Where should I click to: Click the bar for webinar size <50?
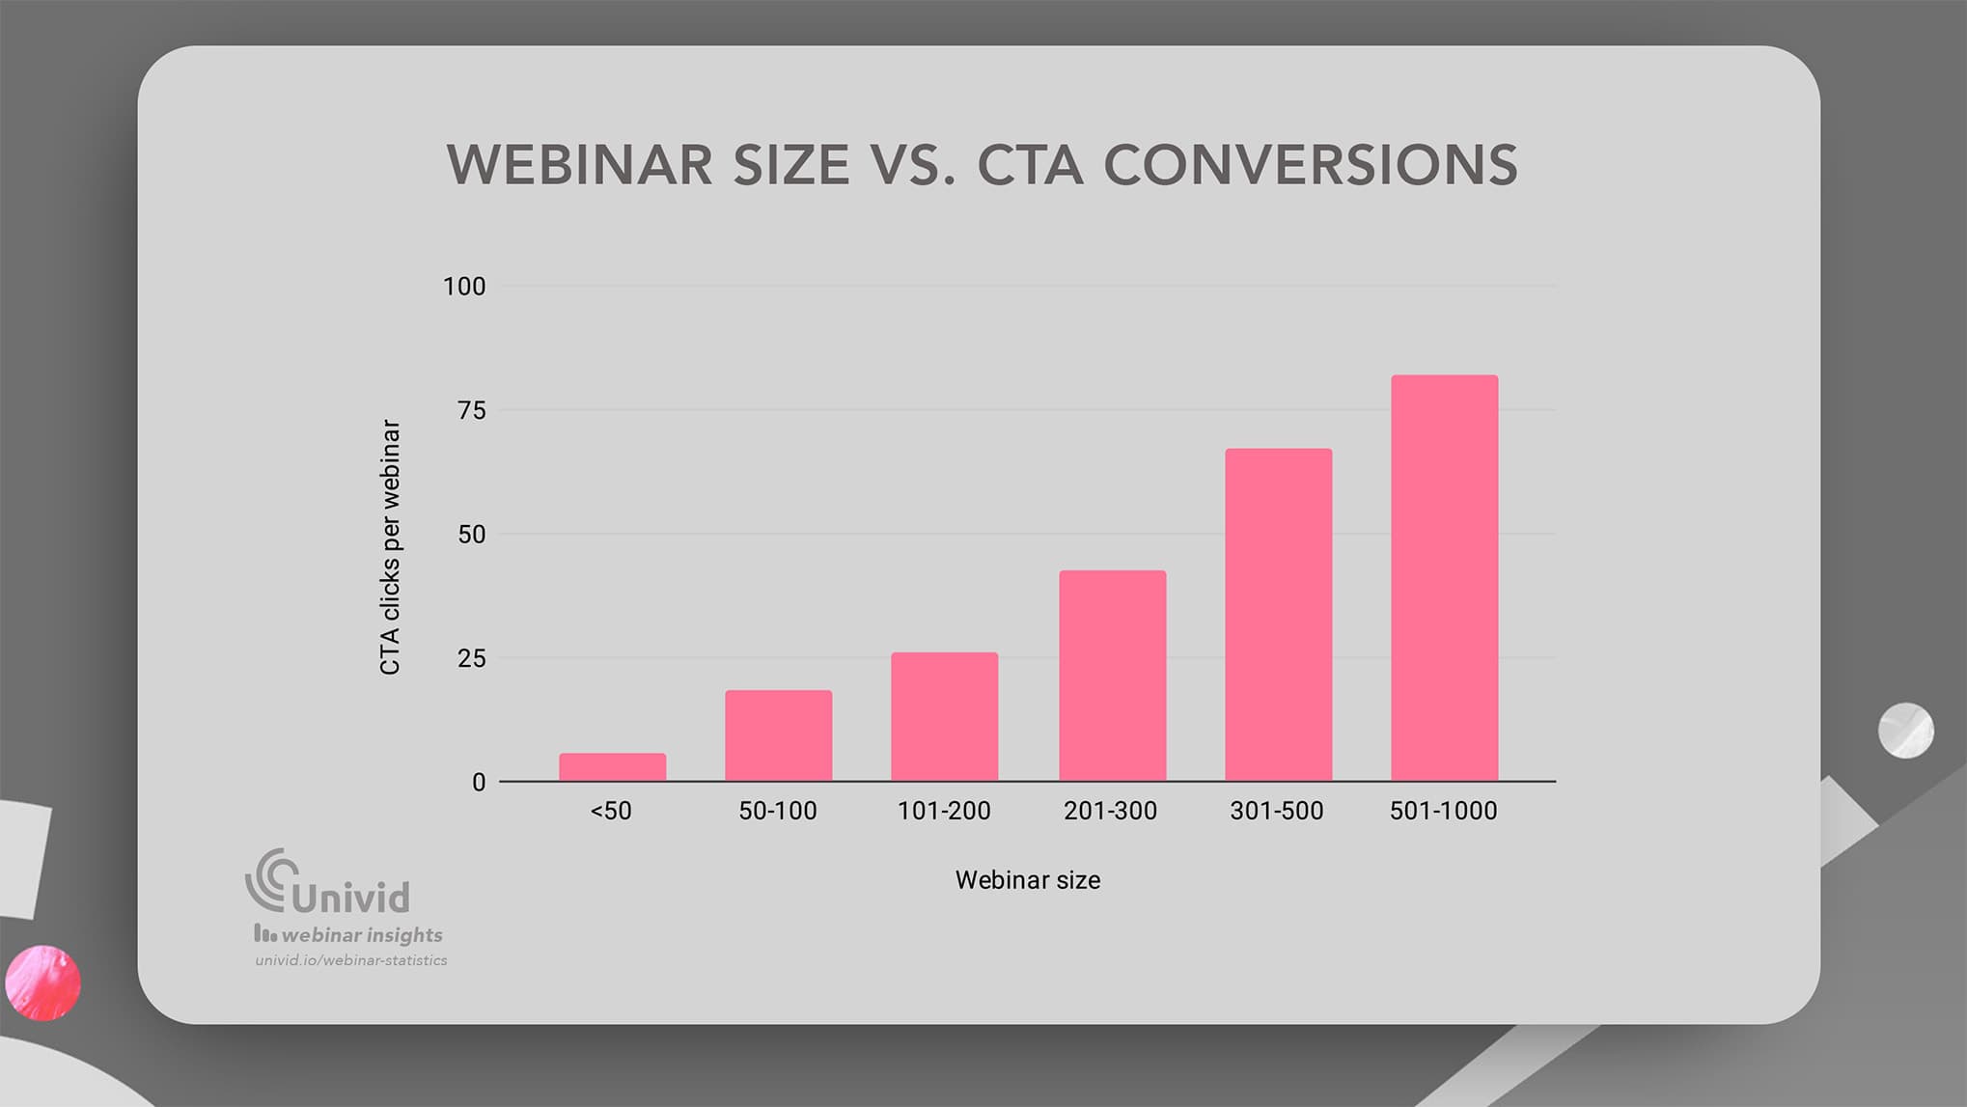pyautogui.click(x=612, y=766)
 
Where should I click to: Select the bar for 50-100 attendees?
pyautogui.click(x=778, y=735)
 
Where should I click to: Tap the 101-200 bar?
pyautogui.click(x=944, y=716)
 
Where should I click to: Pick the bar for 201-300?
pyautogui.click(x=1112, y=676)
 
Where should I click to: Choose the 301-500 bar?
pyautogui.click(x=1278, y=615)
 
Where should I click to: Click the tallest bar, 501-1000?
pyautogui.click(x=1444, y=577)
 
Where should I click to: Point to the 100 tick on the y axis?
pyautogui.click(x=464, y=287)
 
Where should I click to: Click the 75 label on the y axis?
pyautogui.click(x=471, y=410)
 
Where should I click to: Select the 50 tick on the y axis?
pyautogui.click(x=471, y=534)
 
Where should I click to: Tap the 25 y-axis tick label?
pyautogui.click(x=471, y=658)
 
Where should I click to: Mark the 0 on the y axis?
pyautogui.click(x=478, y=783)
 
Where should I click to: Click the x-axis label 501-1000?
pyautogui.click(x=1443, y=811)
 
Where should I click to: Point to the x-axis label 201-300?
pyautogui.click(x=1110, y=811)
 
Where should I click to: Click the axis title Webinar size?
pyautogui.click(x=1027, y=880)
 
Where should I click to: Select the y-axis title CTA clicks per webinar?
pyautogui.click(x=390, y=546)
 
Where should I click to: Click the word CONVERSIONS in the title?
pyautogui.click(x=1311, y=165)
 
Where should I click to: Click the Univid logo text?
pyautogui.click(x=350, y=897)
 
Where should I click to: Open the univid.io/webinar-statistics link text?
pyautogui.click(x=351, y=960)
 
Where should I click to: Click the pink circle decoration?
pyautogui.click(x=42, y=982)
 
